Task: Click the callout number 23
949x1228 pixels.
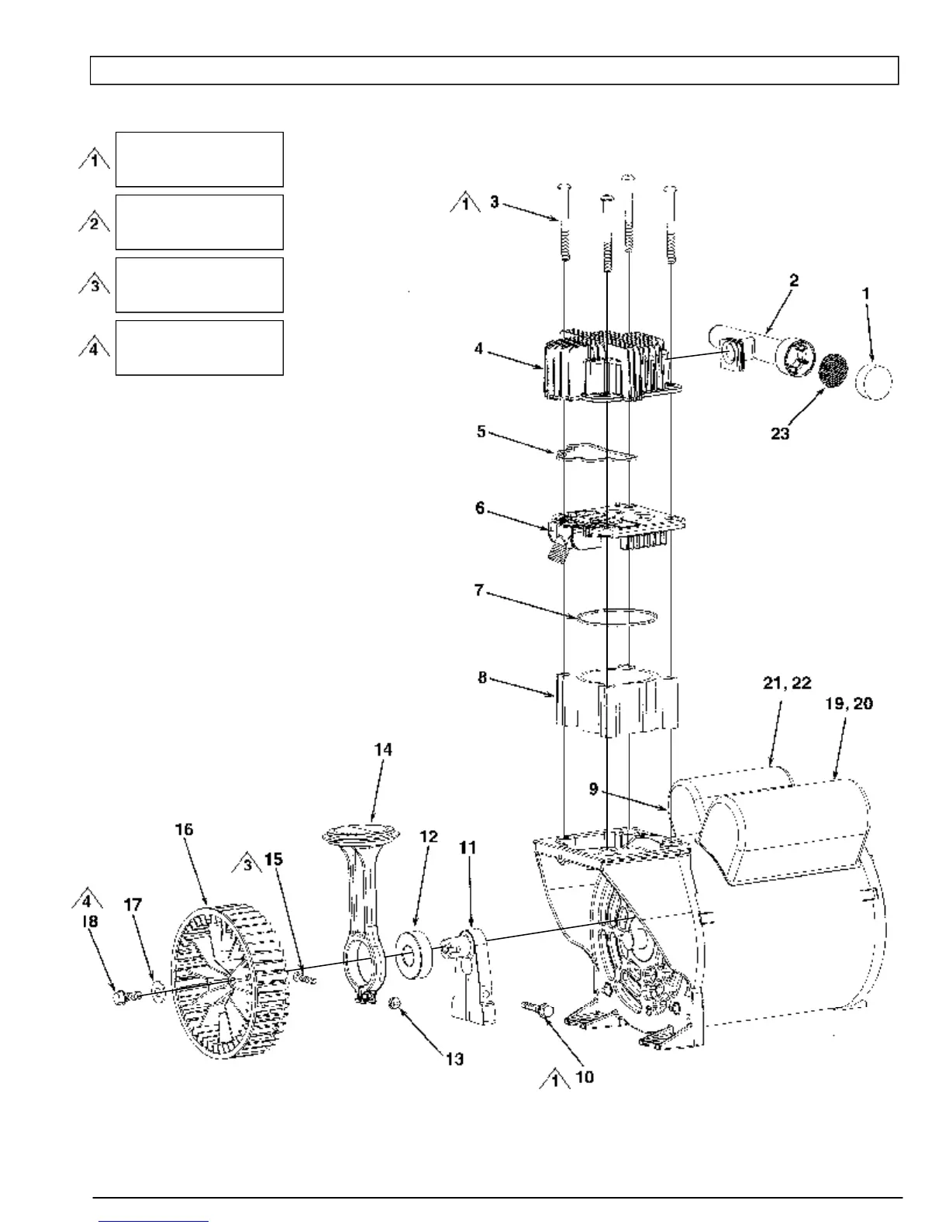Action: (780, 433)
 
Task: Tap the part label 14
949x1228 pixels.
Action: (383, 750)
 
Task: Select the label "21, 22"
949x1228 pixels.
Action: (787, 682)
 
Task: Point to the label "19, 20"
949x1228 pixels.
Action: (847, 703)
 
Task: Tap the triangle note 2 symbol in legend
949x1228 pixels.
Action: (94, 222)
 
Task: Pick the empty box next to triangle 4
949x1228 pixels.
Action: (199, 347)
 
